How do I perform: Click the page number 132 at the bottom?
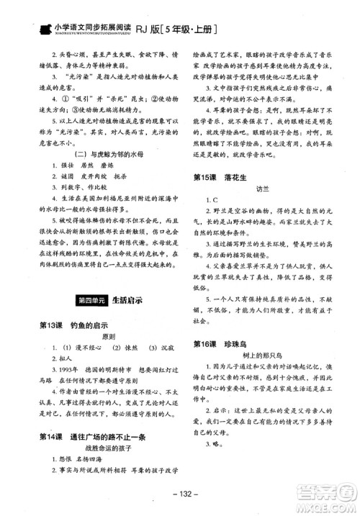(x=180, y=493)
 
